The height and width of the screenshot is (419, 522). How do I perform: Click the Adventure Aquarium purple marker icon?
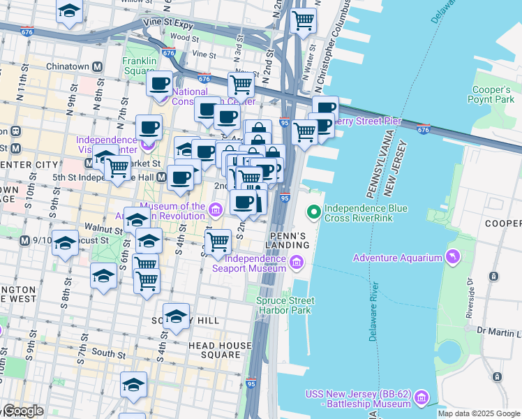455,258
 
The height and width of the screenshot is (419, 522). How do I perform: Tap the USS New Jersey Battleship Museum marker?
421,399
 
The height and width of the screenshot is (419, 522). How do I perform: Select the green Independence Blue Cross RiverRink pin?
315,209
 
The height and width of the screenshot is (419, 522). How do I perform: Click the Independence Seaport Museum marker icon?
297,263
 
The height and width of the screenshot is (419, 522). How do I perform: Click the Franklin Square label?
139,66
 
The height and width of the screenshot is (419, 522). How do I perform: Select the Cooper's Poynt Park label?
492,95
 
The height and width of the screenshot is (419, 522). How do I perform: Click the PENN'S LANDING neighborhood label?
287,240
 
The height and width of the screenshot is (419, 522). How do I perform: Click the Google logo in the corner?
22,411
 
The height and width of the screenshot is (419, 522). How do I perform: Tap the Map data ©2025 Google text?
479,413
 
